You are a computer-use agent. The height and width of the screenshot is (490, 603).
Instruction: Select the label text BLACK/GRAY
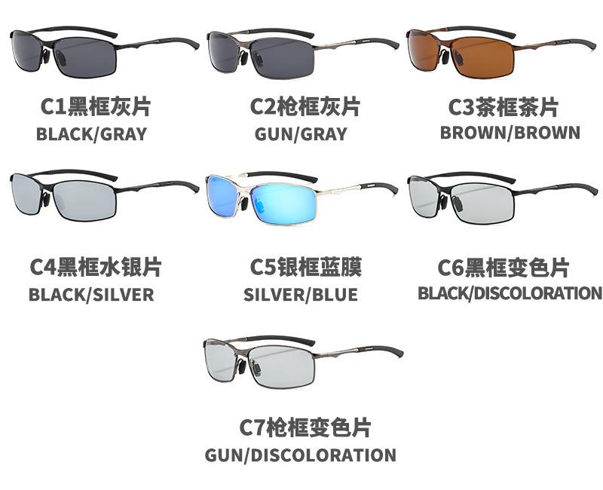(91, 134)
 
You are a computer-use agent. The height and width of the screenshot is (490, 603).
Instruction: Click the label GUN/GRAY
(301, 134)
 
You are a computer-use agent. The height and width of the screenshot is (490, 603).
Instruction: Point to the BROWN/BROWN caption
(510, 133)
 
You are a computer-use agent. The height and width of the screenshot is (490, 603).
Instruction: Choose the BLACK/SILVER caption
(91, 294)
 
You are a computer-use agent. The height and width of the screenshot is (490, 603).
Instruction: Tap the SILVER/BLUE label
(301, 294)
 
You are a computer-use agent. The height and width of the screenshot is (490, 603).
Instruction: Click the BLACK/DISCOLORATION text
(510, 292)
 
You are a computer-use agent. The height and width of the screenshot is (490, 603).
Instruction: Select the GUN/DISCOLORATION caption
(301, 455)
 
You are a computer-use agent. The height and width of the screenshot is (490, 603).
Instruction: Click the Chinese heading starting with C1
(95, 107)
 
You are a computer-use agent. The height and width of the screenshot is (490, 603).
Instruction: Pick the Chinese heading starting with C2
(305, 107)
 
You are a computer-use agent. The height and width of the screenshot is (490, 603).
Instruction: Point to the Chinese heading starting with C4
(95, 267)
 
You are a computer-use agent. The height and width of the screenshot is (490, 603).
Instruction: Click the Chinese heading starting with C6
(504, 268)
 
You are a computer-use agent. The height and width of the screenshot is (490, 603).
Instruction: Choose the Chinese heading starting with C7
(306, 428)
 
